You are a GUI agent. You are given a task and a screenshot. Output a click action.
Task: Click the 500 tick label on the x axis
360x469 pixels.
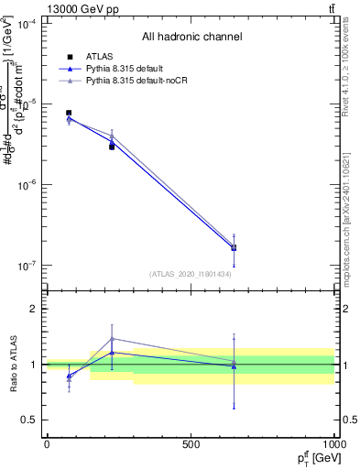click(x=191, y=444)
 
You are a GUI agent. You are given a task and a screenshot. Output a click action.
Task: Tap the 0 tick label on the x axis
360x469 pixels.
click(x=47, y=444)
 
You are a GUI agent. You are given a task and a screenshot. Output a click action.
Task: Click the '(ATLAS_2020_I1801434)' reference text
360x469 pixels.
click(x=191, y=273)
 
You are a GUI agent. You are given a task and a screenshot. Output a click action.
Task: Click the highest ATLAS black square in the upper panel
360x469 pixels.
click(x=69, y=113)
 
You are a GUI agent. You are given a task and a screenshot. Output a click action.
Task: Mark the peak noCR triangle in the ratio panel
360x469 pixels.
click(x=112, y=339)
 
